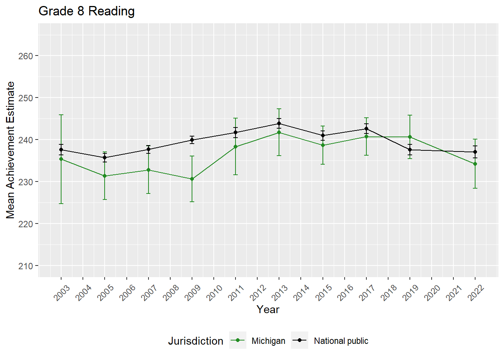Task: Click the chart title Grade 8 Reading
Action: pyautogui.click(x=87, y=11)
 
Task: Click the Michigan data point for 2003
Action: pyautogui.click(x=61, y=159)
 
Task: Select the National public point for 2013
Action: pyautogui.click(x=279, y=123)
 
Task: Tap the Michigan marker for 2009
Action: pyautogui.click(x=192, y=179)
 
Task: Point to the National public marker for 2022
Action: pyautogui.click(x=475, y=152)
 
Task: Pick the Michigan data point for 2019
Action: pyautogui.click(x=410, y=137)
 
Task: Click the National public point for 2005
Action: pyautogui.click(x=105, y=157)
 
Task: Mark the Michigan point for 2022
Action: pyautogui.click(x=475, y=164)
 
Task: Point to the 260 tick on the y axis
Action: pyautogui.click(x=25, y=56)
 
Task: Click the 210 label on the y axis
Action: pyautogui.click(x=25, y=266)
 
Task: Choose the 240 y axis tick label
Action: pyautogui.click(x=25, y=140)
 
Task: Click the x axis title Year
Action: pyautogui.click(x=268, y=309)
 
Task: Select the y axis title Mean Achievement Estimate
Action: pyautogui.click(x=10, y=150)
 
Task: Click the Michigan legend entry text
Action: pyautogui.click(x=268, y=341)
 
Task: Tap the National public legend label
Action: pyautogui.click(x=341, y=341)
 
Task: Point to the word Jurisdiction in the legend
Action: pyautogui.click(x=195, y=341)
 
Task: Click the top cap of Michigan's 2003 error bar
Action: pyautogui.click(x=61, y=115)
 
